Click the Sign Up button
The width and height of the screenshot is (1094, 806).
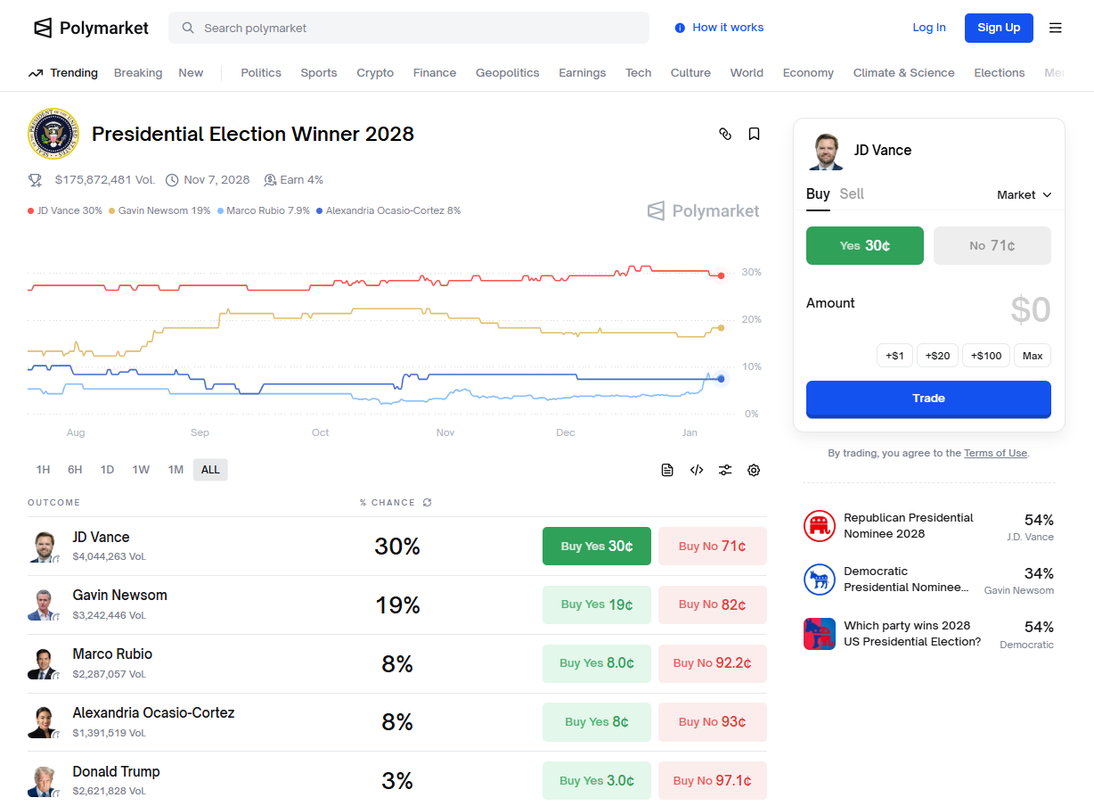[x=998, y=28]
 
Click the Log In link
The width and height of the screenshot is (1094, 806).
[x=928, y=28]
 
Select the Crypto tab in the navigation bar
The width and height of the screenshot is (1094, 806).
[x=374, y=73]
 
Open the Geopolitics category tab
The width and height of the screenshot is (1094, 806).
[x=507, y=73]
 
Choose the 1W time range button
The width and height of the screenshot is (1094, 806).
[x=141, y=470]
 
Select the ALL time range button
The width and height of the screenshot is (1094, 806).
[x=210, y=470]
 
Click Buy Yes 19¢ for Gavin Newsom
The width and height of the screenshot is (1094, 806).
[x=596, y=604]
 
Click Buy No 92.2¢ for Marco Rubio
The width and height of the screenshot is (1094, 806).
[x=712, y=663]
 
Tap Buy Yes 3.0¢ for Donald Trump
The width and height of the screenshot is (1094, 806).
[x=596, y=781]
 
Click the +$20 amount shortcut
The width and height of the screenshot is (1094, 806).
[x=937, y=356]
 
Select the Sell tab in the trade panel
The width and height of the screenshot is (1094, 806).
[x=852, y=194]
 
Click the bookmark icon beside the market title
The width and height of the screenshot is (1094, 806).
[x=754, y=134]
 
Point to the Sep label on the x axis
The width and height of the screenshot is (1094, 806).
[x=200, y=432]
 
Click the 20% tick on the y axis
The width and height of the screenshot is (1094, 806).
[x=751, y=319]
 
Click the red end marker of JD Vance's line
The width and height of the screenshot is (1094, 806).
[x=721, y=276]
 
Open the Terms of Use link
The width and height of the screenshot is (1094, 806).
[x=995, y=453]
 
